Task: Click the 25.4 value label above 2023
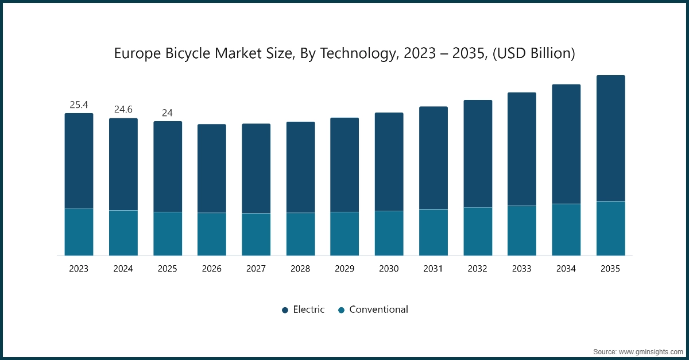(79, 105)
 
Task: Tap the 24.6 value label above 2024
(123, 109)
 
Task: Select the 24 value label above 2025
(167, 113)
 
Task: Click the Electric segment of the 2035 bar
(610, 138)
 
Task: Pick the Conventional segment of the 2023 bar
(79, 232)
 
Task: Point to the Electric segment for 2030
(389, 162)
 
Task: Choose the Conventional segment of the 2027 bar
(256, 234)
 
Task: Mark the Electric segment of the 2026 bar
(212, 168)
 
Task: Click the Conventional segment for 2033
(522, 230)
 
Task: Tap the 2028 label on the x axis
(300, 269)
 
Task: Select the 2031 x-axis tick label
(433, 269)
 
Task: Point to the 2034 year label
(566, 269)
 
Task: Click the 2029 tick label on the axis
(344, 269)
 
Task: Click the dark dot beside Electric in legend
(285, 310)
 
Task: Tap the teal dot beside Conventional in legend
(341, 310)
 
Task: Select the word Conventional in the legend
(378, 309)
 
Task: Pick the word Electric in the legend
(308, 309)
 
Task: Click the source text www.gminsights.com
(651, 351)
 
